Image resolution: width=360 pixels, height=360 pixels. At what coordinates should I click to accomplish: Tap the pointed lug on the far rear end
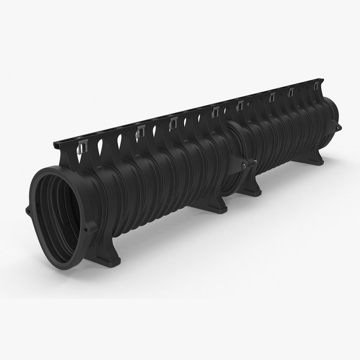(x=340, y=127)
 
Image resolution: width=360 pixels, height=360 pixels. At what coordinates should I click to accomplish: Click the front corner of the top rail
(x=55, y=146)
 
